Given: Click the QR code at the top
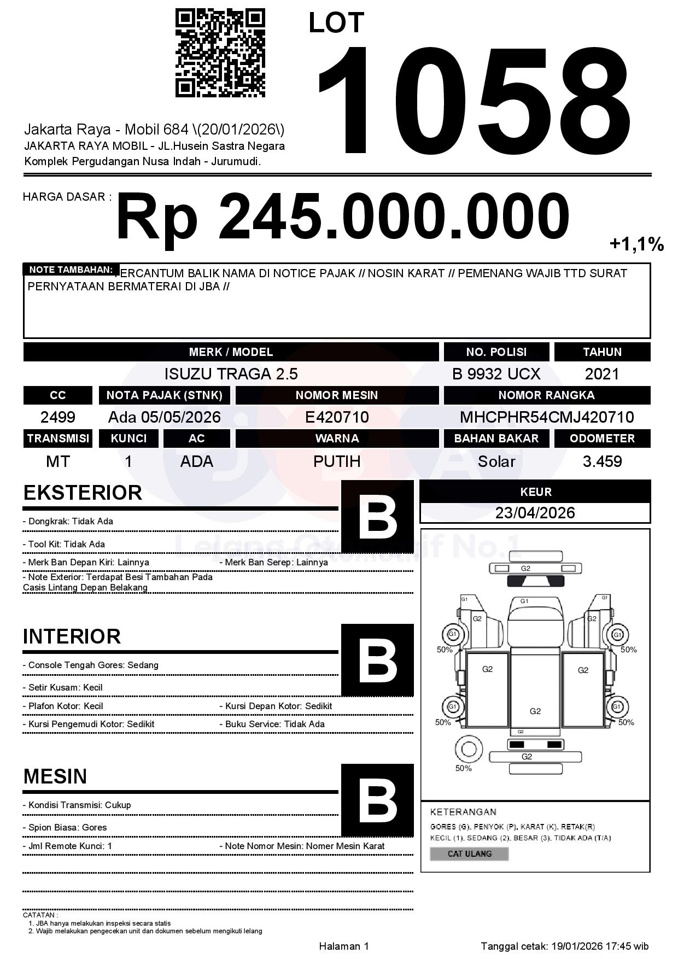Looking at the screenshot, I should pyautogui.click(x=220, y=53).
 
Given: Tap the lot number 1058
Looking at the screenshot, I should pyautogui.click(x=474, y=101).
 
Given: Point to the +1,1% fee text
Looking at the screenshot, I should pyautogui.click(x=636, y=244).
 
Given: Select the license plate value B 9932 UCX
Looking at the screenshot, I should pyautogui.click(x=496, y=374).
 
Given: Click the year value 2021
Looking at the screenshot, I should pyautogui.click(x=602, y=374).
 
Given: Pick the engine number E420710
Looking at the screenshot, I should pyautogui.click(x=337, y=417).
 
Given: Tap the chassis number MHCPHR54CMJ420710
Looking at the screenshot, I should pyautogui.click(x=547, y=417).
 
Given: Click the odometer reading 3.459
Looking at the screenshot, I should pyautogui.click(x=602, y=461).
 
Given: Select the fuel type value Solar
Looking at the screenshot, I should pyautogui.click(x=496, y=461).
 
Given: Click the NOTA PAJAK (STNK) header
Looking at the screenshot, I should pyautogui.click(x=164, y=395).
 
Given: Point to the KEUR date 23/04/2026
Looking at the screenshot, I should pyautogui.click(x=535, y=513).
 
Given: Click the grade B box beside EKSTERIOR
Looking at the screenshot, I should pyautogui.click(x=377, y=517).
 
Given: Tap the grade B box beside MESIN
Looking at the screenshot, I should pyautogui.click(x=377, y=800).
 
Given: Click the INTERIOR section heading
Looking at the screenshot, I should pyautogui.click(x=72, y=636).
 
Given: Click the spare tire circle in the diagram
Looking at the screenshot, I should pyautogui.click(x=469, y=749).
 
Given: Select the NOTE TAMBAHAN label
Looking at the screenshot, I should pyautogui.click(x=71, y=270).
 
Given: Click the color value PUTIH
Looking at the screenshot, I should pyautogui.click(x=337, y=461).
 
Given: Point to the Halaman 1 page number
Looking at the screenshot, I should pyautogui.click(x=344, y=946).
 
